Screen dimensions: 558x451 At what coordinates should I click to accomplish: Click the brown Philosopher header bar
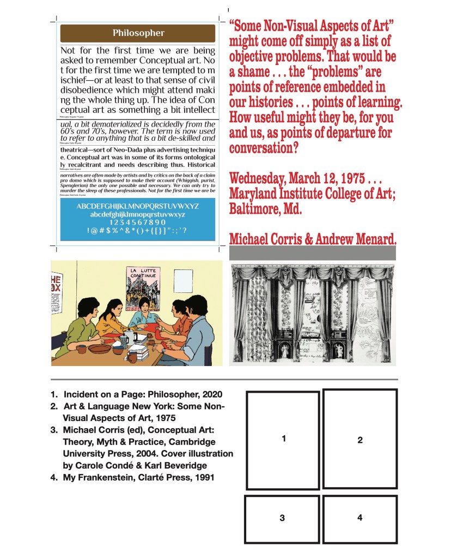click(138, 33)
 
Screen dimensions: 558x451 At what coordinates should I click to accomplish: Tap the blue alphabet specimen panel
click(138, 219)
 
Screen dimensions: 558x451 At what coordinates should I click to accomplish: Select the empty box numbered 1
click(283, 440)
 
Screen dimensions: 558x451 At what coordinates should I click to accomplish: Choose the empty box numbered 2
click(359, 439)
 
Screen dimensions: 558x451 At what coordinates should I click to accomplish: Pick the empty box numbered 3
click(282, 519)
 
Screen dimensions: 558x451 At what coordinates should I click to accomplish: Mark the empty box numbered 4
click(359, 518)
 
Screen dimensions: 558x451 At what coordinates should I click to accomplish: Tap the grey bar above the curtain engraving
click(312, 253)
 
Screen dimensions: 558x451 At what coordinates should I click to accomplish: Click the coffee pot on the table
click(125, 338)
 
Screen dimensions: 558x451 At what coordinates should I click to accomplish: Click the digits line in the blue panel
click(138, 222)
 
